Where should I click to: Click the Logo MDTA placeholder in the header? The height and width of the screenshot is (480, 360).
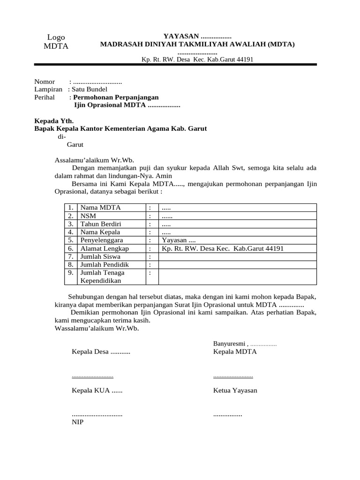pyautogui.click(x=56, y=42)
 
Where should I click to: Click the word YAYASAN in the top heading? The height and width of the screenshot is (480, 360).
pyautogui.click(x=180, y=37)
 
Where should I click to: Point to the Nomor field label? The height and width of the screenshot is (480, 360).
pyautogui.click(x=45, y=82)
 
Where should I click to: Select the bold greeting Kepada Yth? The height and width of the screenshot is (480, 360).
pyautogui.click(x=53, y=120)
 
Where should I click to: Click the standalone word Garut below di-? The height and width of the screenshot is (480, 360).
pyautogui.click(x=75, y=144)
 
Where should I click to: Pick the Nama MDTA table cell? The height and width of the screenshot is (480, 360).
pyautogui.click(x=101, y=208)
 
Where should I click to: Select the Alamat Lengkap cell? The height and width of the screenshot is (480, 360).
pyautogui.click(x=104, y=248)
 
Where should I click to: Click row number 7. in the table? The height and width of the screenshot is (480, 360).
pyautogui.click(x=70, y=256)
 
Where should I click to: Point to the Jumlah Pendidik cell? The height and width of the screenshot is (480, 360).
pyautogui.click(x=104, y=264)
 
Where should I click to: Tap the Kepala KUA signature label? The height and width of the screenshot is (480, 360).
pyautogui.click(x=97, y=390)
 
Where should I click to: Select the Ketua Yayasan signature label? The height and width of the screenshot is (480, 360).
pyautogui.click(x=235, y=390)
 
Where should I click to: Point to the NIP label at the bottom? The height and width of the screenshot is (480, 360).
pyautogui.click(x=77, y=421)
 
